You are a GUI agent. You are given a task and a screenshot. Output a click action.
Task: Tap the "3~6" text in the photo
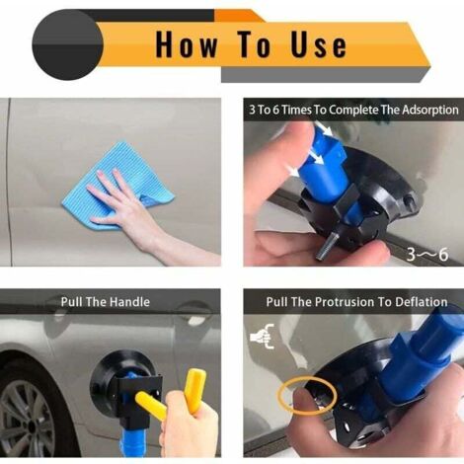click(x=428, y=254)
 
